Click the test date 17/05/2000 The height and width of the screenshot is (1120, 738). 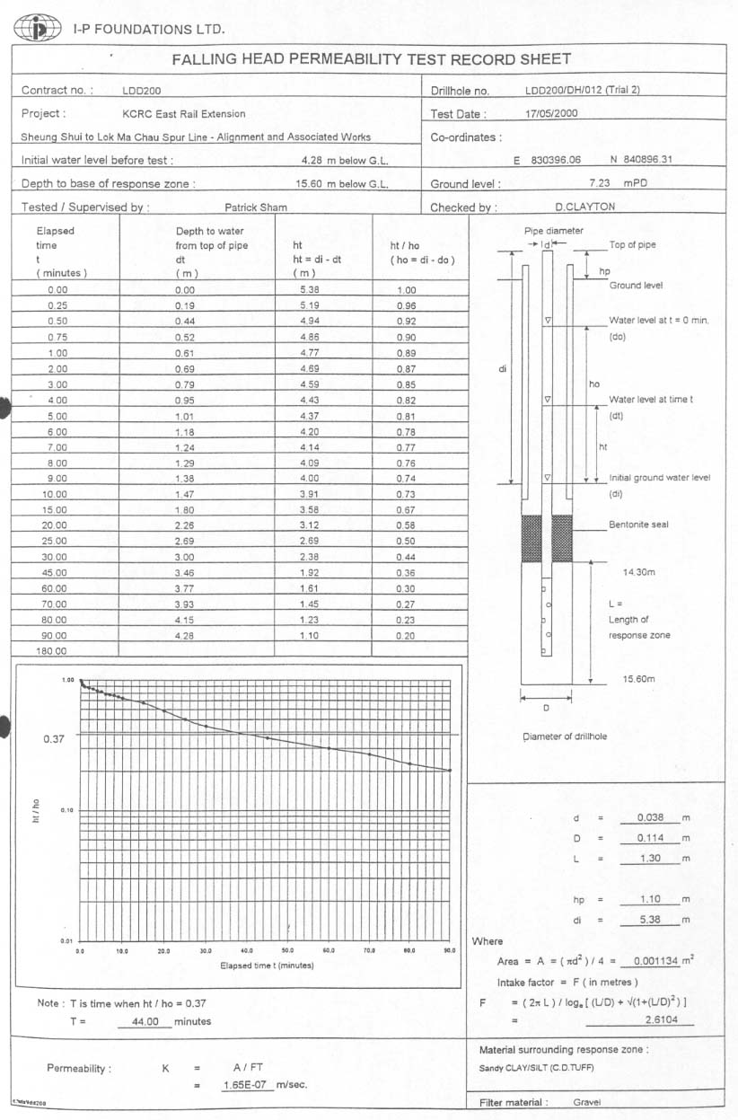point(552,114)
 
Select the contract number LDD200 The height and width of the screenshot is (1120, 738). point(142,91)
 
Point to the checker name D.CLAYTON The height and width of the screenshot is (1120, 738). point(585,207)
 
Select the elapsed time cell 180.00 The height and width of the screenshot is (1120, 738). point(51,650)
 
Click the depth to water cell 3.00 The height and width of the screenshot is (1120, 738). point(187,557)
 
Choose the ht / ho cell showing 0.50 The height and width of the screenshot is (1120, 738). point(406,541)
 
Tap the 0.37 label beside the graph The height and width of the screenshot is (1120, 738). point(54,739)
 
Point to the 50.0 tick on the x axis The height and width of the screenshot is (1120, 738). point(287,950)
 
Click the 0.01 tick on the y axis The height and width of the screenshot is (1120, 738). point(66,940)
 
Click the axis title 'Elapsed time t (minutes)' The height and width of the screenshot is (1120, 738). point(267,966)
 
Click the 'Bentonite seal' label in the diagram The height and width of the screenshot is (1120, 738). point(638,525)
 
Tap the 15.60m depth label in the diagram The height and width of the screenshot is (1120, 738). point(639,679)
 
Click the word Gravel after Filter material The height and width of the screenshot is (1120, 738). point(588,1102)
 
